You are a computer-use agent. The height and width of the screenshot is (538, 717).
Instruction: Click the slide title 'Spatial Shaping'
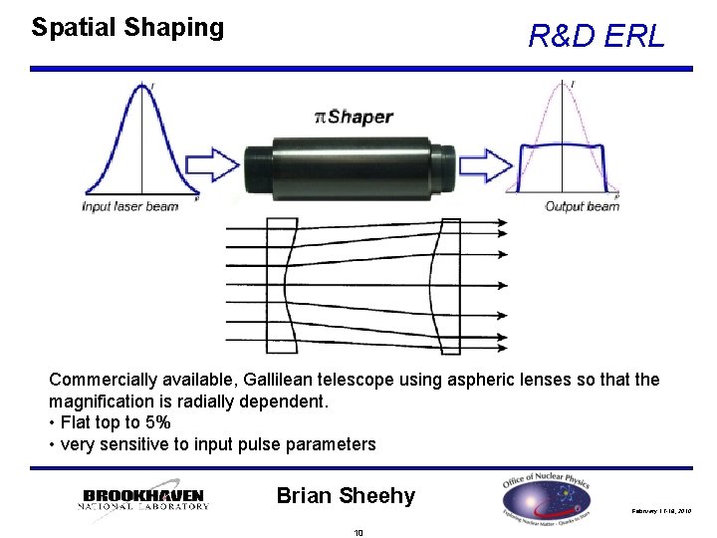127,28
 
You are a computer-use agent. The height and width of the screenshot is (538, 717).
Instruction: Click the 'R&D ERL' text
596,38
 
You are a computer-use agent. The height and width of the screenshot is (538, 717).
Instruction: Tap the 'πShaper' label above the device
354,117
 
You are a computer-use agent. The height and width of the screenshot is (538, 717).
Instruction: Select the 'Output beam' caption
582,207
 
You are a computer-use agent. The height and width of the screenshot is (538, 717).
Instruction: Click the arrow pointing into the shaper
212,160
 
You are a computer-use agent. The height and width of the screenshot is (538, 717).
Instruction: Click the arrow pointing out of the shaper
486,162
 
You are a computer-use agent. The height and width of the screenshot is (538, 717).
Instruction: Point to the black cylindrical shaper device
349,161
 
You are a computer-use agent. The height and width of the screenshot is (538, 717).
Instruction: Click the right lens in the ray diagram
450,287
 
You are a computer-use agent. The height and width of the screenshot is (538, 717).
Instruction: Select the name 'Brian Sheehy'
346,495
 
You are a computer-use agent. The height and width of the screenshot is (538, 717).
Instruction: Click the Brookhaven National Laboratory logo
143,498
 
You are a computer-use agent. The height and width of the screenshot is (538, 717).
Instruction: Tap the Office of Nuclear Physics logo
546,497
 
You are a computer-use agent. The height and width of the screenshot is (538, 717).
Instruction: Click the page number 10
358,532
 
